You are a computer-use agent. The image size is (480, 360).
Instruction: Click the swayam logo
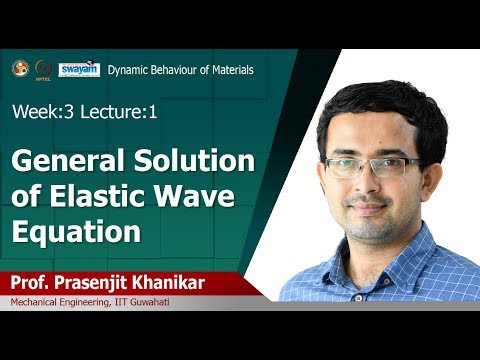pyautogui.click(x=78, y=69)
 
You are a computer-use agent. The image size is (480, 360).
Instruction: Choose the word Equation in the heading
pyautogui.click(x=74, y=233)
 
